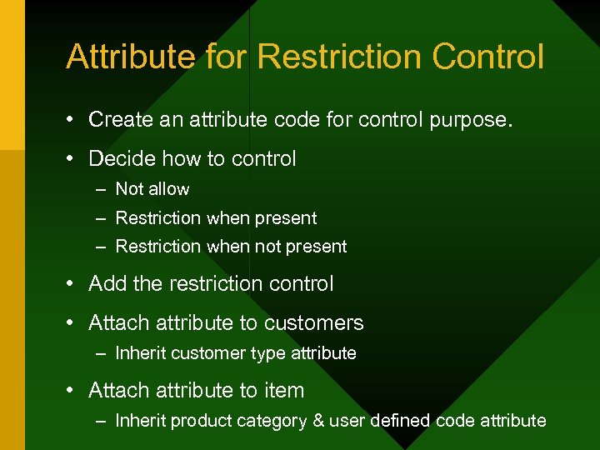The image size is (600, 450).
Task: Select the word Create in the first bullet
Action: pos(119,120)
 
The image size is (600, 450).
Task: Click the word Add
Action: pos(107,284)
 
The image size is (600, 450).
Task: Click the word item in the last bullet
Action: pos(284,390)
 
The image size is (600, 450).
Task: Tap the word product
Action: pos(197,421)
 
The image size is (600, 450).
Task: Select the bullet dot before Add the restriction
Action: pos(73,285)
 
